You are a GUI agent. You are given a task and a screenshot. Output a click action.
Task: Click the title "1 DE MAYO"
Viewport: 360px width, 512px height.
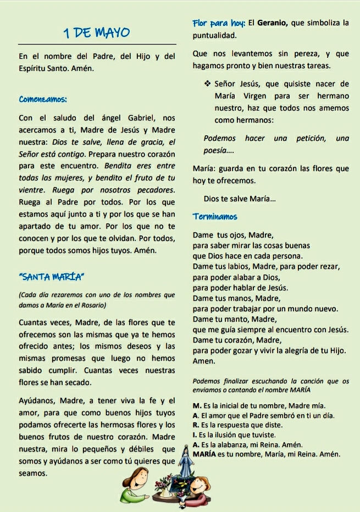coord(97,32)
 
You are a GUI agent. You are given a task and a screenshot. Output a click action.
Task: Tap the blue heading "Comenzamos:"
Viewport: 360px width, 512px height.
coord(43,100)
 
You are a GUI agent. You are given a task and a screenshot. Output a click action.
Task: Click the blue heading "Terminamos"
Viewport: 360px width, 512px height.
coord(215,217)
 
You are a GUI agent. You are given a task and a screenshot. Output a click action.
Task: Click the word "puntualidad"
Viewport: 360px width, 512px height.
coord(214,36)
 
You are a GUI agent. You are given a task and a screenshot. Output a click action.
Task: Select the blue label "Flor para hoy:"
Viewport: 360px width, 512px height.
coord(218,23)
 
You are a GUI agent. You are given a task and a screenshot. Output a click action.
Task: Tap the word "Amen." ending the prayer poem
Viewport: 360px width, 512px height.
coord(204,361)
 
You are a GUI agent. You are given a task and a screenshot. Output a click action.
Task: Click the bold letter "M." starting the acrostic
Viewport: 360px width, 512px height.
coord(196,406)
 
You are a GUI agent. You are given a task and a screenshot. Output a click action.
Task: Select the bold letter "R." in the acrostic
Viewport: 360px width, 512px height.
coord(196,425)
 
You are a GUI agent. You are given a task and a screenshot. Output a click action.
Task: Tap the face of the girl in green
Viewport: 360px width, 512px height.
coord(135,476)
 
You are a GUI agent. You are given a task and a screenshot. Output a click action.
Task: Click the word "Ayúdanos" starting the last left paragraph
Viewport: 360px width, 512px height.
coord(37,400)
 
